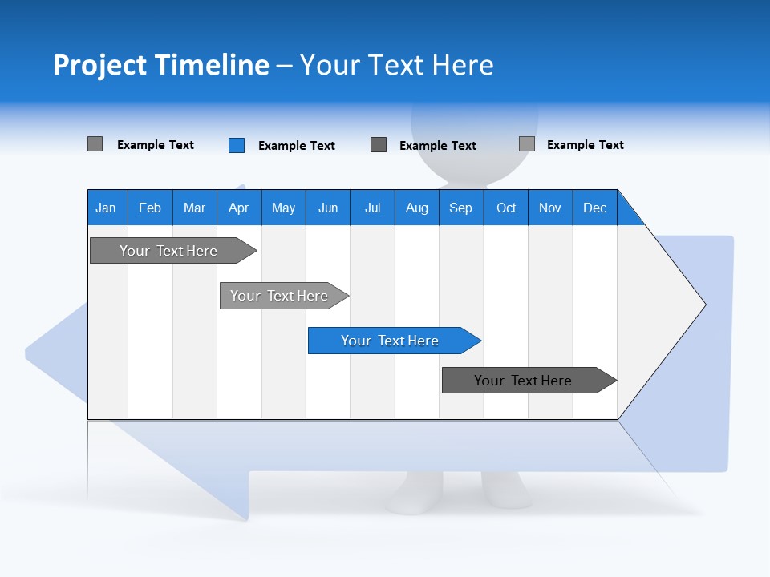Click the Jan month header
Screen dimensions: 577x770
click(106, 208)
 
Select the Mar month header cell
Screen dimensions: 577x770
click(194, 208)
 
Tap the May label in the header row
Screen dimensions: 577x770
click(283, 208)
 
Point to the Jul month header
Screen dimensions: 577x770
click(372, 208)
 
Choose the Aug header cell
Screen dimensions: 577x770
click(416, 208)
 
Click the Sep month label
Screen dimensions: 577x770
click(460, 208)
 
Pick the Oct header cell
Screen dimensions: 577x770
click(506, 208)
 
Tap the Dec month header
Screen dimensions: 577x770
click(594, 208)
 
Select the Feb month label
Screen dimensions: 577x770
click(150, 208)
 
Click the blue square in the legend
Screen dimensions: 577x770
click(236, 145)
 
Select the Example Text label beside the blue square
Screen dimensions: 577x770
click(296, 146)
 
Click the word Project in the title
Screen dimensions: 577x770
click(99, 65)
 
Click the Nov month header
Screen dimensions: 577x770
click(549, 208)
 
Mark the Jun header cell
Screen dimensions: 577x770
click(328, 208)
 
